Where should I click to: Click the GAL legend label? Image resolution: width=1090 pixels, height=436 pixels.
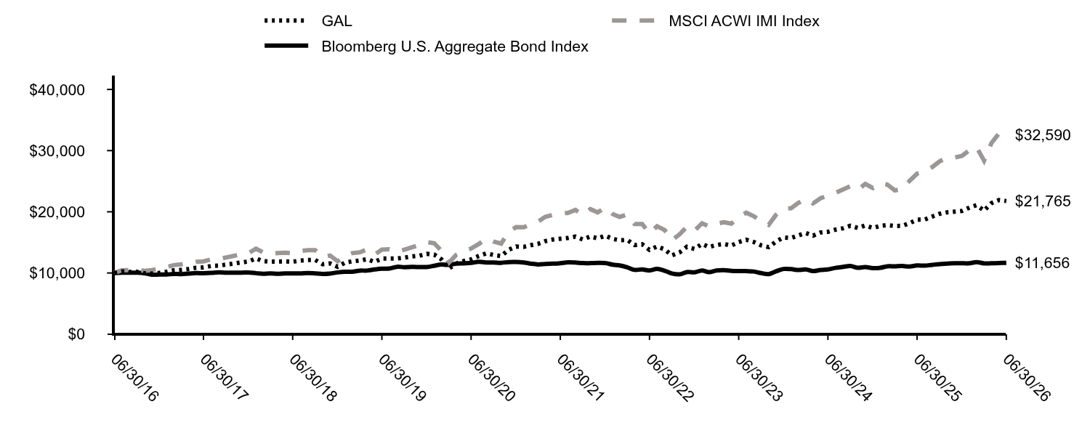(x=336, y=21)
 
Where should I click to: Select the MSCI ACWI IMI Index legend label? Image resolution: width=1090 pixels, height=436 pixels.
(x=744, y=21)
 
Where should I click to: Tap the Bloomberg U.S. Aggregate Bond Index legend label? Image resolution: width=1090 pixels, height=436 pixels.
(x=455, y=47)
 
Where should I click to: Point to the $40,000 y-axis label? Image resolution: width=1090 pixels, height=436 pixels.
(x=57, y=90)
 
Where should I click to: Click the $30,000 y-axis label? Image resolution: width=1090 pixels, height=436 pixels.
(x=57, y=151)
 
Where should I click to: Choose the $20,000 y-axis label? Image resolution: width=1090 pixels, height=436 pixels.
(x=57, y=212)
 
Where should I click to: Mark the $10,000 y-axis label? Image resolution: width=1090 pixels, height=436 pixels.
(x=57, y=273)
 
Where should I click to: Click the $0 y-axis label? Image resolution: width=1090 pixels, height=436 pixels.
(x=76, y=334)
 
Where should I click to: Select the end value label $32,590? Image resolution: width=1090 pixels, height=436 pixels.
(x=1043, y=134)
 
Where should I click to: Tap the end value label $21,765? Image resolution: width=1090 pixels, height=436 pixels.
(x=1043, y=201)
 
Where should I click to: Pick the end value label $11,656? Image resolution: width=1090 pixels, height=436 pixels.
(x=1042, y=263)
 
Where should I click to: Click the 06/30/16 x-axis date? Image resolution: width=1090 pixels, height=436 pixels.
(x=134, y=378)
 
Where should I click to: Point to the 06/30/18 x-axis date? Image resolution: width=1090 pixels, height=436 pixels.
(x=313, y=378)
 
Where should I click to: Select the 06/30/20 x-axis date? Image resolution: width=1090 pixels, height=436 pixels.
(x=491, y=378)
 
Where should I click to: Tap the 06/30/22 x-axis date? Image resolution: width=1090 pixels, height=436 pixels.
(x=670, y=378)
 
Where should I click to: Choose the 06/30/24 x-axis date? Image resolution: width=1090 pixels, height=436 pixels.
(x=848, y=378)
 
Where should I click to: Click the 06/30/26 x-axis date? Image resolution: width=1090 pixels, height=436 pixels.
(x=1027, y=378)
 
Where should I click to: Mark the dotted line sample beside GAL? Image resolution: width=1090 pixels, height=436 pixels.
(x=285, y=20)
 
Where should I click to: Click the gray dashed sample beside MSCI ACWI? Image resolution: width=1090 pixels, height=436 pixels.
(x=633, y=20)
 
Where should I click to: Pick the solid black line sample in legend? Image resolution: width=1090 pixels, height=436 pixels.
(x=286, y=46)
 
